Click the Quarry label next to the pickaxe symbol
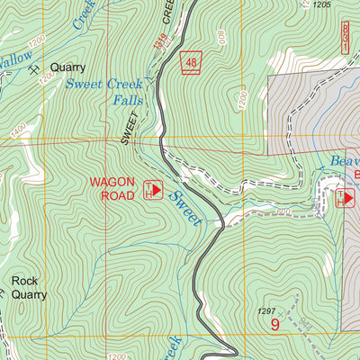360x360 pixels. coord(67,67)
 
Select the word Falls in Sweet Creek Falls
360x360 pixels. coord(129,100)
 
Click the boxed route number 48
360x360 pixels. coord(190,62)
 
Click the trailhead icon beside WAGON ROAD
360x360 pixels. coord(152,190)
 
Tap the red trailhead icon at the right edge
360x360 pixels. coord(345,197)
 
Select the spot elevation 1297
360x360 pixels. coord(266,310)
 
